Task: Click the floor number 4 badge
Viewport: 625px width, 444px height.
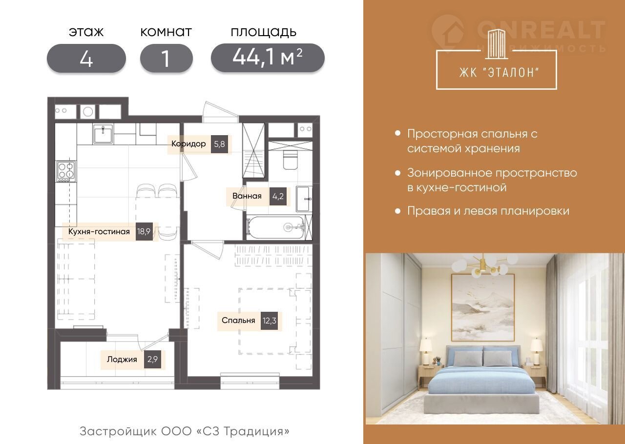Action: tap(86, 58)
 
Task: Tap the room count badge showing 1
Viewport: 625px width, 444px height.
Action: tap(167, 58)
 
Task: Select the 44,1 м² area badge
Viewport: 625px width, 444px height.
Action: tap(268, 58)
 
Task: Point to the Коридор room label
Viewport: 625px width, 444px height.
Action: tap(188, 144)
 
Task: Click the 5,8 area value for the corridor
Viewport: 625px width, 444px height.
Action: tap(219, 144)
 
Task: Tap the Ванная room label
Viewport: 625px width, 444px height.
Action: tap(247, 196)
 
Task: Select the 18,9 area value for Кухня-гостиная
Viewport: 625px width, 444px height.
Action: tap(144, 231)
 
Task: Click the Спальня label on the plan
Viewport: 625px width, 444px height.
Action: tap(238, 320)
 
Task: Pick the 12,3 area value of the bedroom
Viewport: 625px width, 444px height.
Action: tap(269, 321)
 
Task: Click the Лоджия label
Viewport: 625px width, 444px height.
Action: tap(122, 359)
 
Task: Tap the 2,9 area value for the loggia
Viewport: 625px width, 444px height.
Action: tap(153, 359)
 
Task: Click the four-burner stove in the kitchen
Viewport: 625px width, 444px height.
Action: tap(66, 171)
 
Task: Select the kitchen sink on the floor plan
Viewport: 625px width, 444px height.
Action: tap(103, 134)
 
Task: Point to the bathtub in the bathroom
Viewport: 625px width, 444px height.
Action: tap(276, 227)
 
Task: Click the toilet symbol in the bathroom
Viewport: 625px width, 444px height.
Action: tap(290, 160)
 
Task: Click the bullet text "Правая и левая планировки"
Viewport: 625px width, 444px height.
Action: tap(488, 211)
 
